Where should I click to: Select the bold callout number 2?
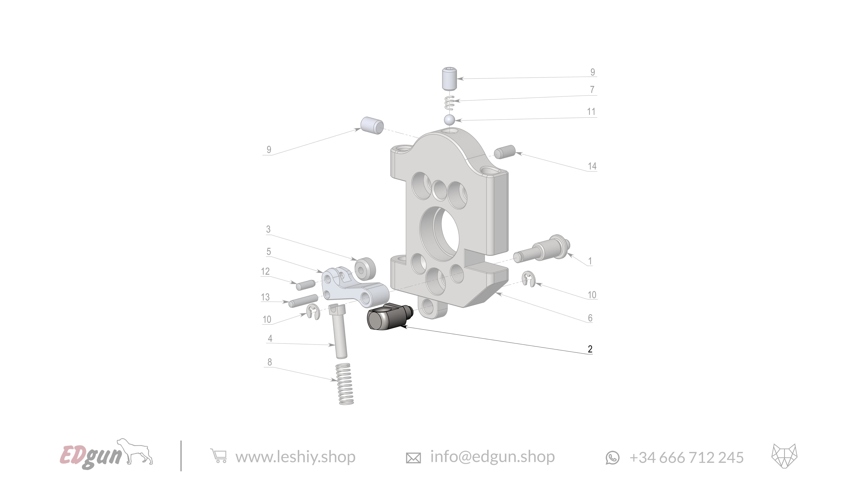pyautogui.click(x=590, y=349)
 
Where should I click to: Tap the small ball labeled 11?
pyautogui.click(x=449, y=120)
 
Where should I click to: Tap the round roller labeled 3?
pyautogui.click(x=365, y=268)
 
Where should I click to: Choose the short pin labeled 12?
pyautogui.click(x=306, y=285)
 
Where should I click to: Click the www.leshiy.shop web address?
pyautogui.click(x=295, y=457)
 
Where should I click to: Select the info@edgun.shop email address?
pyautogui.click(x=492, y=457)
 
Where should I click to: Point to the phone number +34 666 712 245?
pyautogui.click(x=686, y=457)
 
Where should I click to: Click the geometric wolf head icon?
pyautogui.click(x=784, y=456)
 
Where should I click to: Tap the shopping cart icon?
pyautogui.click(x=219, y=456)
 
